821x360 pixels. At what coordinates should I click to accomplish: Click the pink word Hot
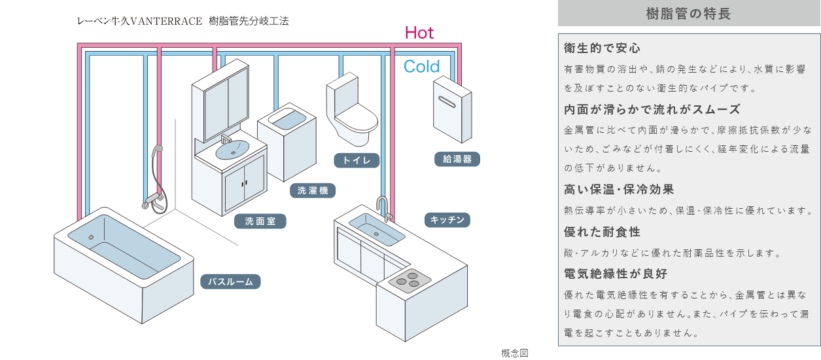coord(419,33)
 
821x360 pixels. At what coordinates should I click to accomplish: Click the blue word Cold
coord(421,66)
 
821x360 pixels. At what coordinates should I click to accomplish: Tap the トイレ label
coord(357,160)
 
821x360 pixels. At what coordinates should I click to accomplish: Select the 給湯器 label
coord(457,158)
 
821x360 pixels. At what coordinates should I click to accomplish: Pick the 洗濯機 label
coord(313,190)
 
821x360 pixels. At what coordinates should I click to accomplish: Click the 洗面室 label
coord(260,221)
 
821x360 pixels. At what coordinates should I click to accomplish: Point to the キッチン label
coord(447,220)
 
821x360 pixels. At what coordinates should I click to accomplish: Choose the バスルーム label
coord(230,281)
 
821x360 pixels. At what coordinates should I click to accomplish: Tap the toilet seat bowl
coord(357,121)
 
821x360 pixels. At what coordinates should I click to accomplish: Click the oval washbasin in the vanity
coord(232,151)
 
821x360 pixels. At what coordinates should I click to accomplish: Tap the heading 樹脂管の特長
coord(688,13)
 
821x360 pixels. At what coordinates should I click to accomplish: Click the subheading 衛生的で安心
coord(602,48)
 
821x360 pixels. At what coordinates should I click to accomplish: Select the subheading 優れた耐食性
coord(602,232)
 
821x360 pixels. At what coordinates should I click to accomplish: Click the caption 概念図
coord(514,353)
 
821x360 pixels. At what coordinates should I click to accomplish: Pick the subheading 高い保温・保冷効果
coord(619,190)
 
